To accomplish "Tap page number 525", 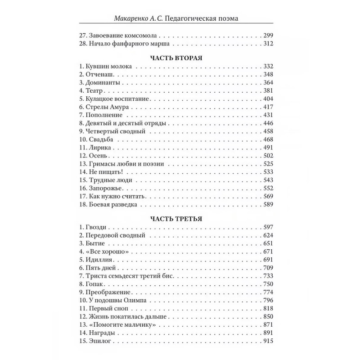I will (268, 163).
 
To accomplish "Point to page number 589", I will (268, 204).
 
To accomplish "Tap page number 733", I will (268, 276).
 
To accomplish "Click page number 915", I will (268, 341).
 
